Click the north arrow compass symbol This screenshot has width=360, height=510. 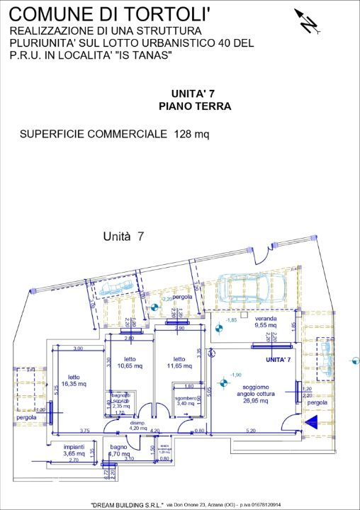(x=308, y=22)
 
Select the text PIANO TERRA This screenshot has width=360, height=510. (x=195, y=107)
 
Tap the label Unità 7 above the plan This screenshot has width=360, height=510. (x=123, y=237)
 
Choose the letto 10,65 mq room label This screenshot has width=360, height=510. (x=130, y=363)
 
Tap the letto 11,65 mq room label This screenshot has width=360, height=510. (x=180, y=363)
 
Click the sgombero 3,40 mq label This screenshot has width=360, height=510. (x=188, y=400)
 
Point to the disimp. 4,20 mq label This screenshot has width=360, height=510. (x=138, y=426)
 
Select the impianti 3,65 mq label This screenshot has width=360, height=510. (x=74, y=450)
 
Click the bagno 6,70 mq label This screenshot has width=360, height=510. (x=119, y=450)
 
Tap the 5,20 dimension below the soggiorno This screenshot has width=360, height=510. (x=250, y=430)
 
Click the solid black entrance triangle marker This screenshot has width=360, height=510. (x=310, y=422)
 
